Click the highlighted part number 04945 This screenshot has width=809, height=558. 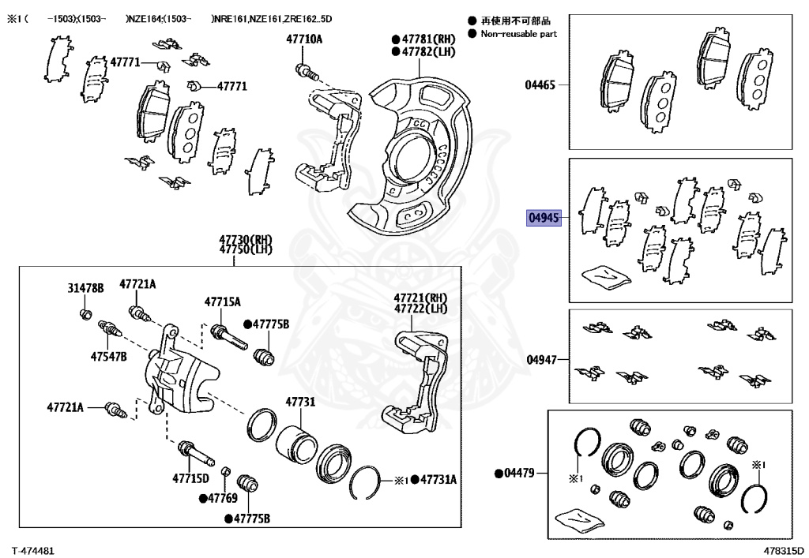(544, 219)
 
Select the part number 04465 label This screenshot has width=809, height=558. (541, 84)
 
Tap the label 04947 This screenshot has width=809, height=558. (541, 360)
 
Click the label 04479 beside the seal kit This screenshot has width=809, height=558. (518, 474)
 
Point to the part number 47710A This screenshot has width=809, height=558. (304, 39)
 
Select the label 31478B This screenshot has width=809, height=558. (85, 289)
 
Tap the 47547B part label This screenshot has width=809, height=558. (108, 356)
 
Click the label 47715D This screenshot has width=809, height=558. (190, 478)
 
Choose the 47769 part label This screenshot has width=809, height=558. (223, 498)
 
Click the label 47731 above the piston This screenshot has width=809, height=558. (300, 402)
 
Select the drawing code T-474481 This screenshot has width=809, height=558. (32, 549)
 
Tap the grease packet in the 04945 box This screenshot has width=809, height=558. (606, 276)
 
